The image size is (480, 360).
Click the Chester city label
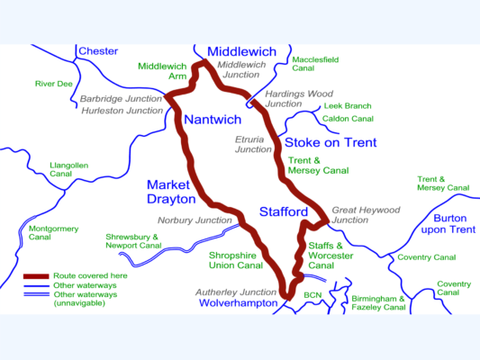point(98,51)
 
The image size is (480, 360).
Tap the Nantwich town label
point(213,120)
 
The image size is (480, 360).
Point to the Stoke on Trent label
point(331,143)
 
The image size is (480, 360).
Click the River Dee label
point(53,84)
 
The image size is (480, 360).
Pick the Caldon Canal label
point(348,119)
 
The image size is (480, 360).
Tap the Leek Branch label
point(346,105)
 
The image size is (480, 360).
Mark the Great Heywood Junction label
point(365,215)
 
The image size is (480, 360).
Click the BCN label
point(313,294)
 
